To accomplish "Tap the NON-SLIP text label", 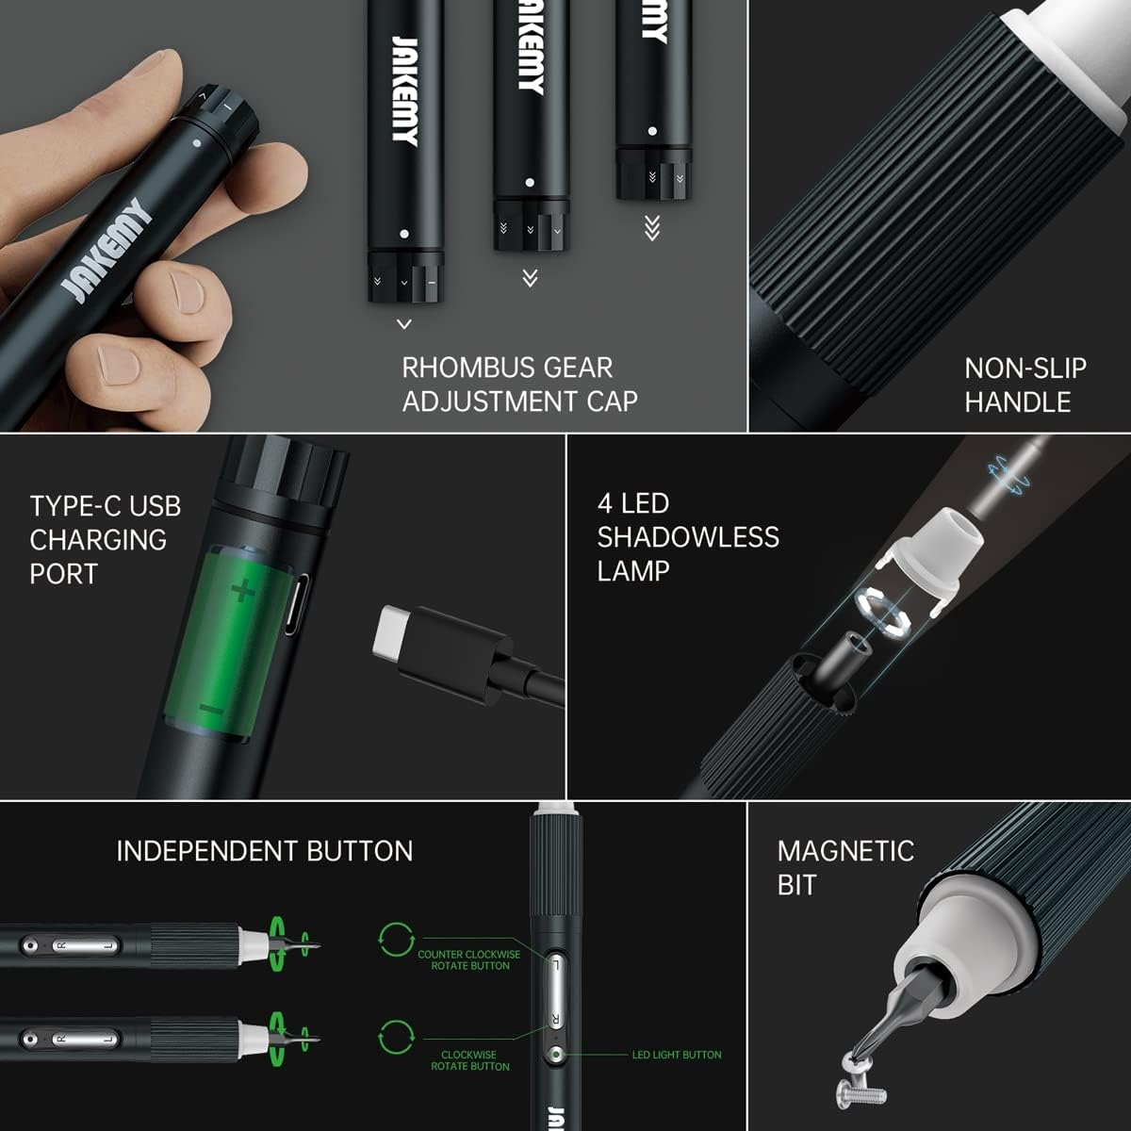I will tap(1025, 368).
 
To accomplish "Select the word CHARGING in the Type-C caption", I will tap(98, 540).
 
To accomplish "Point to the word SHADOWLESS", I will tap(688, 537).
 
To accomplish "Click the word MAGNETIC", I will tap(845, 851).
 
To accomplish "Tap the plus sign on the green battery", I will tap(243, 591).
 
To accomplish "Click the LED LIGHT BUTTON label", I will tap(677, 1055).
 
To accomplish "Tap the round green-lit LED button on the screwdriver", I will tap(557, 1055).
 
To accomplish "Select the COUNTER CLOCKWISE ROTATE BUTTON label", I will tap(469, 959).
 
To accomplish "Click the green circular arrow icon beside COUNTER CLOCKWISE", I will tap(396, 940).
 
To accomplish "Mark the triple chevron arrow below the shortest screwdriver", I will tap(651, 228).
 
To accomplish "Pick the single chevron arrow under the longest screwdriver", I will tap(404, 324).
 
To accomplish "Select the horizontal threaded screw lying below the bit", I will tap(861, 1093).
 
